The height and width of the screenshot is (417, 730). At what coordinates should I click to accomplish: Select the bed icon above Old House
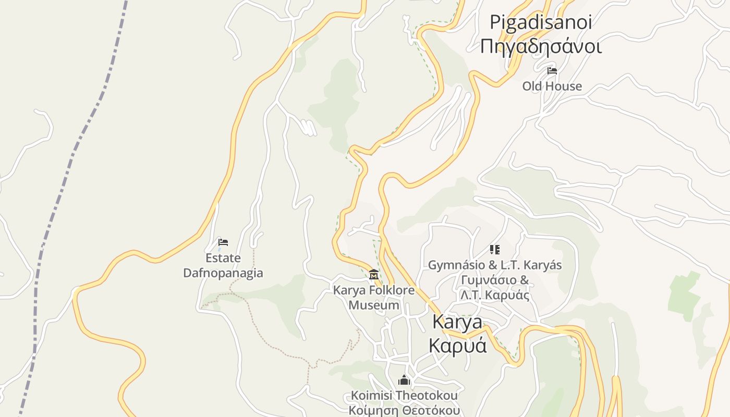pos(552,70)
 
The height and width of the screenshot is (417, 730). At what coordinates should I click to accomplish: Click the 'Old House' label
pos(552,86)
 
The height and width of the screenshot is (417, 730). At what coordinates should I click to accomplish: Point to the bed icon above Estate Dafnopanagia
pos(223,242)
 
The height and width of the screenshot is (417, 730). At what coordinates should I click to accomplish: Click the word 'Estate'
pos(223,258)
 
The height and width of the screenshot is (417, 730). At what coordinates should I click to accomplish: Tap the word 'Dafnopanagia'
pos(223,273)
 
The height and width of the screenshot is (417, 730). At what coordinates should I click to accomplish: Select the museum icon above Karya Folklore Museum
pos(374,274)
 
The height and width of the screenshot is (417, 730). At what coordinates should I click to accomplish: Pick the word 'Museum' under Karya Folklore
pos(374,305)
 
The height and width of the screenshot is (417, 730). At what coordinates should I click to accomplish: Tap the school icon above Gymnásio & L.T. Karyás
pos(495,250)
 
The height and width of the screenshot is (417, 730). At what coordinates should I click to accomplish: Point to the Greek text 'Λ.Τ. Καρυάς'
pos(495,295)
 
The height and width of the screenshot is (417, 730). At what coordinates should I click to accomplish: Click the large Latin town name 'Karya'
pos(457,322)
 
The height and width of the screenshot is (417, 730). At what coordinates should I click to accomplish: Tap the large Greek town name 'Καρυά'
pos(457,345)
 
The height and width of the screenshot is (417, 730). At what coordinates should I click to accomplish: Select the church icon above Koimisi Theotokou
pos(404,380)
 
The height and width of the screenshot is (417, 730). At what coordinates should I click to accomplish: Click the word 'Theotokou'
pos(428,396)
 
